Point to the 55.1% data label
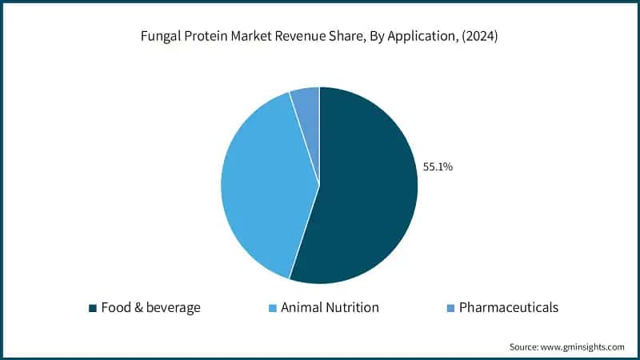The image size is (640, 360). tap(438, 167)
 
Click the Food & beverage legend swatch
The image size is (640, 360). tap(93, 308)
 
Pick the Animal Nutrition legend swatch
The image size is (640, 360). tap(273, 308)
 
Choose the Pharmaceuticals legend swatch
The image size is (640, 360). tap(450, 308)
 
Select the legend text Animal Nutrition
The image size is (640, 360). tap(330, 308)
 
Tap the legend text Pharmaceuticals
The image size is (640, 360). tap(508, 308)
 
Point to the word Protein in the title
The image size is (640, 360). tap(203, 38)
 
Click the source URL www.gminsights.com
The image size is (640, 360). tap(582, 347)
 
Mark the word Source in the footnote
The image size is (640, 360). tap(525, 347)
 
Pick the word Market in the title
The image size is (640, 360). tap(246, 38)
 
